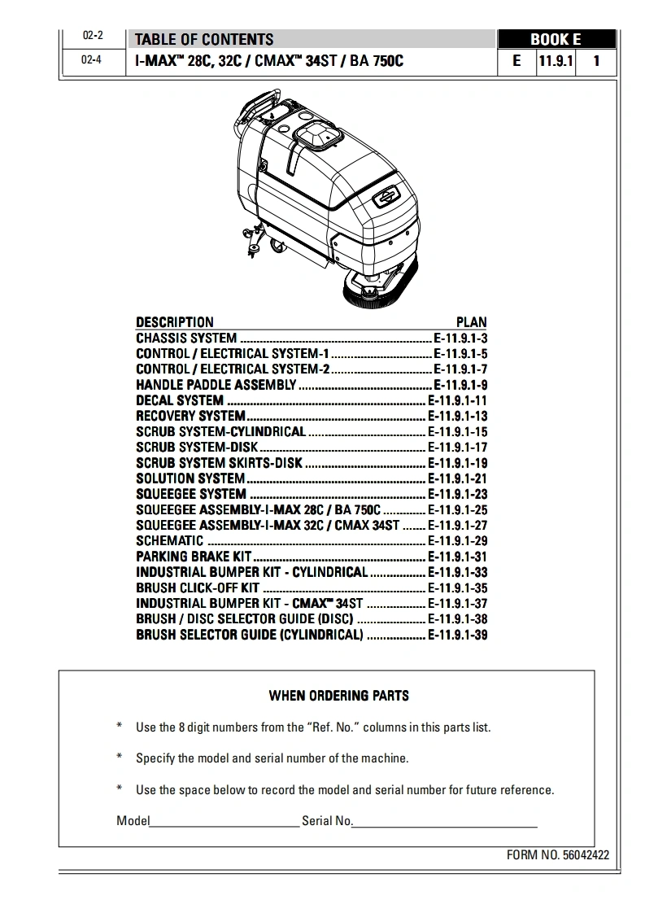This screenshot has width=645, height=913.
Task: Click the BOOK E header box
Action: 556,39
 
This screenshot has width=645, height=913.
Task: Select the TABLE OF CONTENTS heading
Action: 203,39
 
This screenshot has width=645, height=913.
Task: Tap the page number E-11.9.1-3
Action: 460,339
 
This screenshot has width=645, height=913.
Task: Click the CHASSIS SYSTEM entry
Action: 186,339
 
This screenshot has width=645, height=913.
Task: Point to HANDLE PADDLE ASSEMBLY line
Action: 216,385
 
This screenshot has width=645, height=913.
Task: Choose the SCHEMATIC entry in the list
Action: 169,540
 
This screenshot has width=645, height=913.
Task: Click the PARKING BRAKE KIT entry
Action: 194,557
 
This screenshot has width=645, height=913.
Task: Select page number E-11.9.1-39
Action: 458,635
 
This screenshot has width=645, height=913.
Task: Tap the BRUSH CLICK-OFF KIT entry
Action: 198,588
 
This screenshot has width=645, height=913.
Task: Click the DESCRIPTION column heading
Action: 174,322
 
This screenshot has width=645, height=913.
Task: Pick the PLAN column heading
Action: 471,322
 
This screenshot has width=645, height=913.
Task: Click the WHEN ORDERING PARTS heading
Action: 338,696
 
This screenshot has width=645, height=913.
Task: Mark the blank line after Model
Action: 224,822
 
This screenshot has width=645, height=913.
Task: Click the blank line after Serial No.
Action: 445,822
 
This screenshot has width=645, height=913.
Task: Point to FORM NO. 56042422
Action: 557,855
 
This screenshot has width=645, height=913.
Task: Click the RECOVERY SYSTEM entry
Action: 190,416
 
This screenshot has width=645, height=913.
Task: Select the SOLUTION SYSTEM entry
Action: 190,478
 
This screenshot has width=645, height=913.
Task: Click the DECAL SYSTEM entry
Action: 179,400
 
